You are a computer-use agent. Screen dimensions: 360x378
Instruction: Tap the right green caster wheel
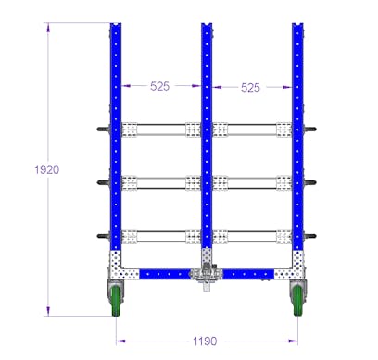coord(298,299)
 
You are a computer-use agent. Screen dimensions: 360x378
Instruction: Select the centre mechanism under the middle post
coord(207,277)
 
